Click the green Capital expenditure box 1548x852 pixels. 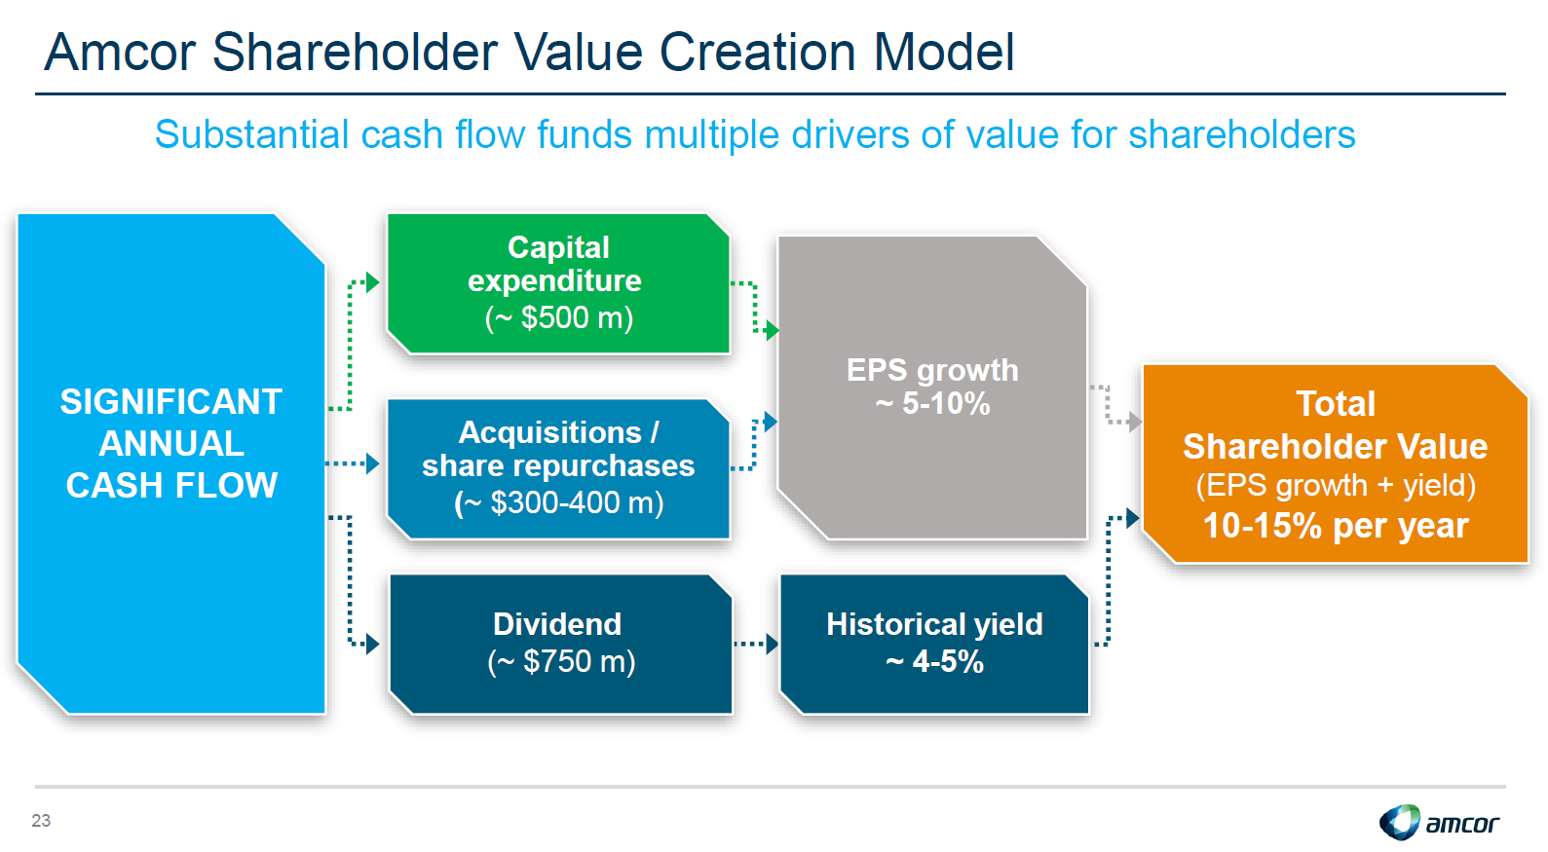tap(557, 283)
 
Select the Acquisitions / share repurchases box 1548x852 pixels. tap(557, 468)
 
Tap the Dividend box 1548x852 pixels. tap(560, 644)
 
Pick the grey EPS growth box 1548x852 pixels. tap(932, 387)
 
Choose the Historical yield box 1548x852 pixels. tap(934, 644)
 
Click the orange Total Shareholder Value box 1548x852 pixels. tap(1336, 463)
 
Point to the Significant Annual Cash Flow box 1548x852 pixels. tap(170, 463)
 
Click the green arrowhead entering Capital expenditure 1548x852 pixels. tap(372, 282)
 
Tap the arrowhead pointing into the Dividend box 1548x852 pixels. tap(372, 644)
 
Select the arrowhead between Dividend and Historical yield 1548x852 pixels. tap(772, 644)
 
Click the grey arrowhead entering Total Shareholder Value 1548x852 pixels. tap(1135, 421)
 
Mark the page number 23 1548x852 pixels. tap(41, 820)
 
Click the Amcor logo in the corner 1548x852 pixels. tap(1439, 822)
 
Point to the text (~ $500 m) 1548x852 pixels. tap(558, 317)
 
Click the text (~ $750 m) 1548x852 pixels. tap(561, 661)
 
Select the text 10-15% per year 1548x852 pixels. tap(1336, 526)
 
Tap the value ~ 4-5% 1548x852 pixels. tap(934, 661)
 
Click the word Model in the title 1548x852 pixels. tap(944, 52)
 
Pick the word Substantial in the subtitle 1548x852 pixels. tap(251, 134)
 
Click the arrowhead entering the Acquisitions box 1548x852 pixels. tap(372, 463)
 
